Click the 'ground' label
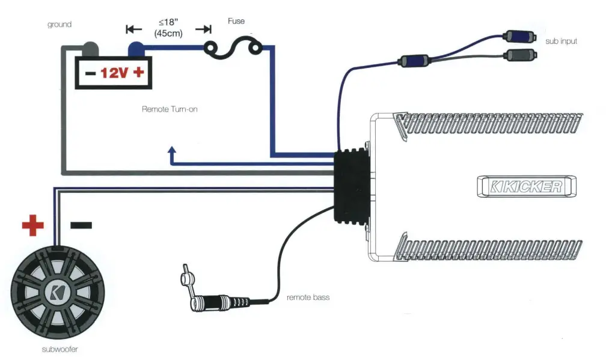pyautogui.click(x=60, y=25)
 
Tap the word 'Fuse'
pyautogui.click(x=236, y=21)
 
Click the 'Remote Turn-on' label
pyautogui.click(x=170, y=109)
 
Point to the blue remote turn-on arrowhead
pyautogui.click(x=172, y=150)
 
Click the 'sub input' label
pyautogui.click(x=561, y=41)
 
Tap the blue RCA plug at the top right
pyautogui.click(x=521, y=35)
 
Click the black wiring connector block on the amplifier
pyautogui.click(x=350, y=186)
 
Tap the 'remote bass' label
pyautogui.click(x=308, y=297)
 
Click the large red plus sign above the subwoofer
pyautogui.click(x=33, y=226)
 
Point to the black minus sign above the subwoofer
pyautogui.click(x=81, y=225)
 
